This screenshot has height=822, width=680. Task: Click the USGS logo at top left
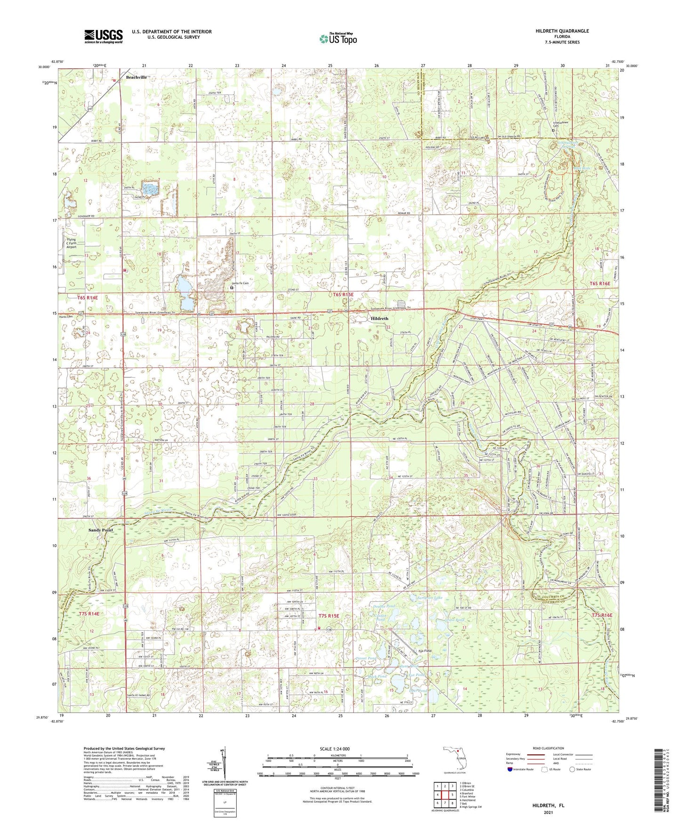click(103, 36)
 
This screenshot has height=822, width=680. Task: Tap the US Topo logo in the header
click(338, 39)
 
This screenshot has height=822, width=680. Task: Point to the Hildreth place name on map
click(379, 318)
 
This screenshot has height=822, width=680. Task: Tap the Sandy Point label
click(101, 530)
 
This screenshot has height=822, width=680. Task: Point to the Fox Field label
click(424, 651)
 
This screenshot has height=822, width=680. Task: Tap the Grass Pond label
click(454, 620)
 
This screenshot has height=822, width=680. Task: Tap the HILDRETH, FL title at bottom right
click(548, 806)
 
